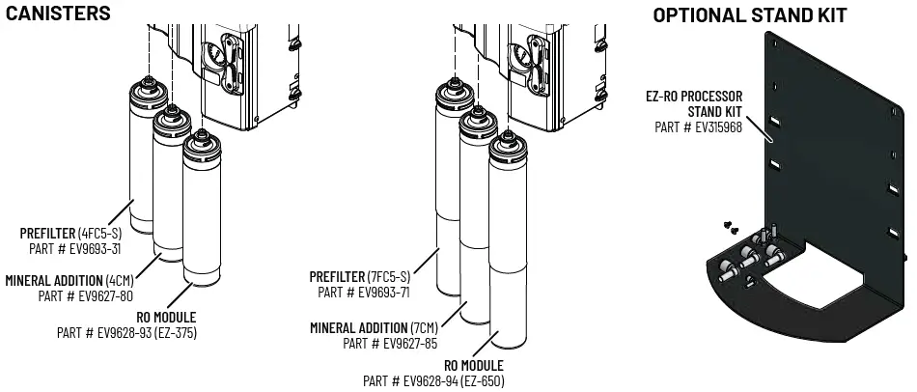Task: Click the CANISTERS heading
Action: (58, 14)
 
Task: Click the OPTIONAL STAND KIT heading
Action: (750, 15)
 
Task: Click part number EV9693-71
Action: (364, 292)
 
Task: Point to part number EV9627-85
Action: (391, 343)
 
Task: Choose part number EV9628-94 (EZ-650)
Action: (433, 380)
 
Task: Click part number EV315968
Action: (698, 126)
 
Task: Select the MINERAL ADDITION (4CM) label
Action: (69, 281)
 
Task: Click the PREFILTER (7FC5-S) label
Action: (360, 277)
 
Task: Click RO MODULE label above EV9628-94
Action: (473, 366)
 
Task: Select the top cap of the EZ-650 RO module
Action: (507, 147)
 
